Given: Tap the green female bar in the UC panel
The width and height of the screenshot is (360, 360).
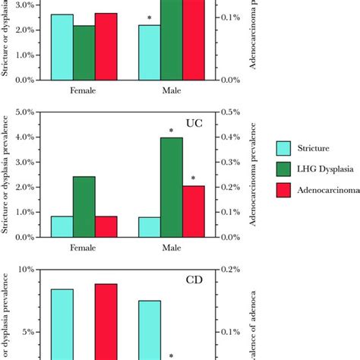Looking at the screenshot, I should pos(84,206).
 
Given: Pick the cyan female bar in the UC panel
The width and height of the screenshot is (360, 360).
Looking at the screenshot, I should pos(62,226).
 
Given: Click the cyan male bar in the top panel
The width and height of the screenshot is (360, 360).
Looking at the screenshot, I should pos(149,52).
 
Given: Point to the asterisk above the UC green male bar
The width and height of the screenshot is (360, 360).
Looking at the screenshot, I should pos(171,131).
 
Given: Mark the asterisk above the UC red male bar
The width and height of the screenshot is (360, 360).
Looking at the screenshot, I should pos(193,179).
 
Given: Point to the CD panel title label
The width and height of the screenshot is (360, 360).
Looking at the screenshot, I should pos(194,279).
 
